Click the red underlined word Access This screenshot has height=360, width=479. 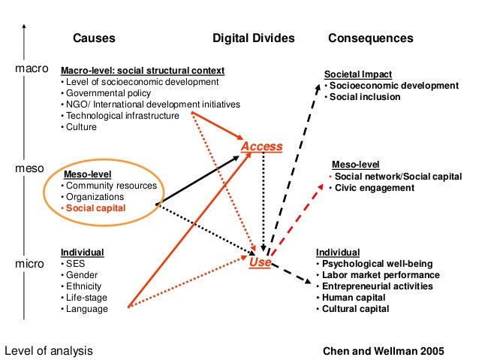point(261,146)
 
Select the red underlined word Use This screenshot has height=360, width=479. point(260,262)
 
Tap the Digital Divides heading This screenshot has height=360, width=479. point(253,38)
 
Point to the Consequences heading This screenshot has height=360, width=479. point(371,38)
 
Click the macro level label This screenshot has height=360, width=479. point(32,69)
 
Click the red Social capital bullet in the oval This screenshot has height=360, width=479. point(96,207)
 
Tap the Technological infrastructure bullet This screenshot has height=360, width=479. point(122,116)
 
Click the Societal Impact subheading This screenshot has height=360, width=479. point(359,74)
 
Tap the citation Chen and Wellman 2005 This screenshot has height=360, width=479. point(383,350)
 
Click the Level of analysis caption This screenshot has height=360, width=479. point(49,350)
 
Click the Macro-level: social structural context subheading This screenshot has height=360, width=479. point(142,70)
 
